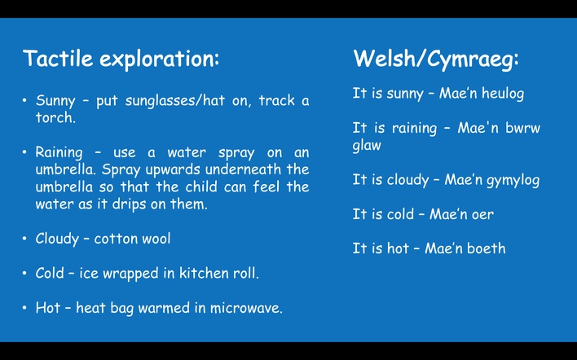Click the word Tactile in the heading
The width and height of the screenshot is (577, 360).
pyautogui.click(x=58, y=58)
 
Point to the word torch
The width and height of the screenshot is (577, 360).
pyautogui.click(x=55, y=117)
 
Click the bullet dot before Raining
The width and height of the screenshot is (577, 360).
pyautogui.click(x=24, y=151)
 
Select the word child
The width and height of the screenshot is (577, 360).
pyautogui.click(x=202, y=187)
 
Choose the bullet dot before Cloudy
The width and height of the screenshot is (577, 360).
pyautogui.click(x=24, y=239)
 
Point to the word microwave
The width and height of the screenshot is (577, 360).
pyautogui.click(x=246, y=308)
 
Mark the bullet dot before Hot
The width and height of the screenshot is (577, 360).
pyautogui.click(x=24, y=307)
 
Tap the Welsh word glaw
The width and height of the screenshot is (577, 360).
pyautogui.click(x=367, y=145)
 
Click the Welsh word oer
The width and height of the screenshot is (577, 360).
pyautogui.click(x=482, y=214)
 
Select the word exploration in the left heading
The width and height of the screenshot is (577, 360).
pyautogui.click(x=160, y=59)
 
